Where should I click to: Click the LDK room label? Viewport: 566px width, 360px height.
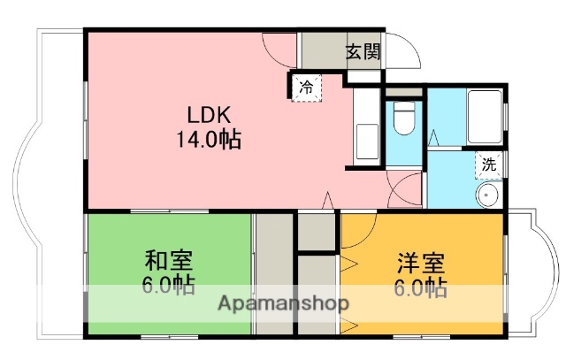point(208,115)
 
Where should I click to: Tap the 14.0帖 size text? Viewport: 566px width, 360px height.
point(208,140)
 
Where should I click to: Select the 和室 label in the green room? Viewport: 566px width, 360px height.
point(169,262)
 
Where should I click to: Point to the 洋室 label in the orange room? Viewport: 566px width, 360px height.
point(421,264)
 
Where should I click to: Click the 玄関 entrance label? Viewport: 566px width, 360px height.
point(363,52)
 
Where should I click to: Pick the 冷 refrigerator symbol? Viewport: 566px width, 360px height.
point(306,88)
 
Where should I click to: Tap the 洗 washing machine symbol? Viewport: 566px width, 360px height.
point(487,164)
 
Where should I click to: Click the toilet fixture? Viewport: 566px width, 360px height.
point(404,119)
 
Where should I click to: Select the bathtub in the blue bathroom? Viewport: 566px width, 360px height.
point(485,117)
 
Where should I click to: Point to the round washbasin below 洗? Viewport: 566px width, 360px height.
point(487,195)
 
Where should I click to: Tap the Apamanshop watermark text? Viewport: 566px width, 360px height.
point(283,303)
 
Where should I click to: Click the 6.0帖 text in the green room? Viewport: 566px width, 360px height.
point(169,286)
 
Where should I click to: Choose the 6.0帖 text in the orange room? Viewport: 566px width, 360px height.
point(421,287)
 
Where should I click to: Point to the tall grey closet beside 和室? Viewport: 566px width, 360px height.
point(274,274)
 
